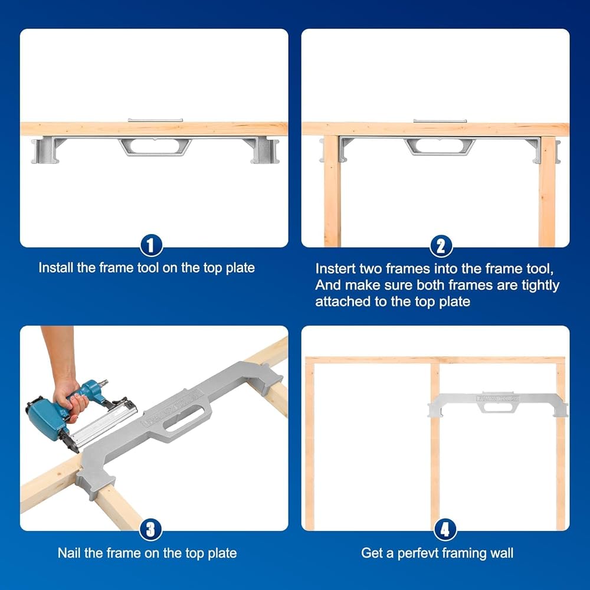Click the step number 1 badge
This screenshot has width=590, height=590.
151,245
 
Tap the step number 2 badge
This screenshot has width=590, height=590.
441,246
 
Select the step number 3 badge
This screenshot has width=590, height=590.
150,529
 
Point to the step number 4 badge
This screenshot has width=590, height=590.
445,529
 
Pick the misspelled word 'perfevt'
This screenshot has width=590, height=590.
418,553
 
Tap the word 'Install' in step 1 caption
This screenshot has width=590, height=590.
56,267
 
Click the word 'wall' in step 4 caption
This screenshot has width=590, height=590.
501,553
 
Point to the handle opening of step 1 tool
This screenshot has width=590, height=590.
156,146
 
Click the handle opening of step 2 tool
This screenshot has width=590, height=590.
440,146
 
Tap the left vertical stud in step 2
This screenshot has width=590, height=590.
332,191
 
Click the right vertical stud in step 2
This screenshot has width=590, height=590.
547,191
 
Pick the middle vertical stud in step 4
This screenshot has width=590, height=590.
435,446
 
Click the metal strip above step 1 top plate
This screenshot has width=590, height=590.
155,120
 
